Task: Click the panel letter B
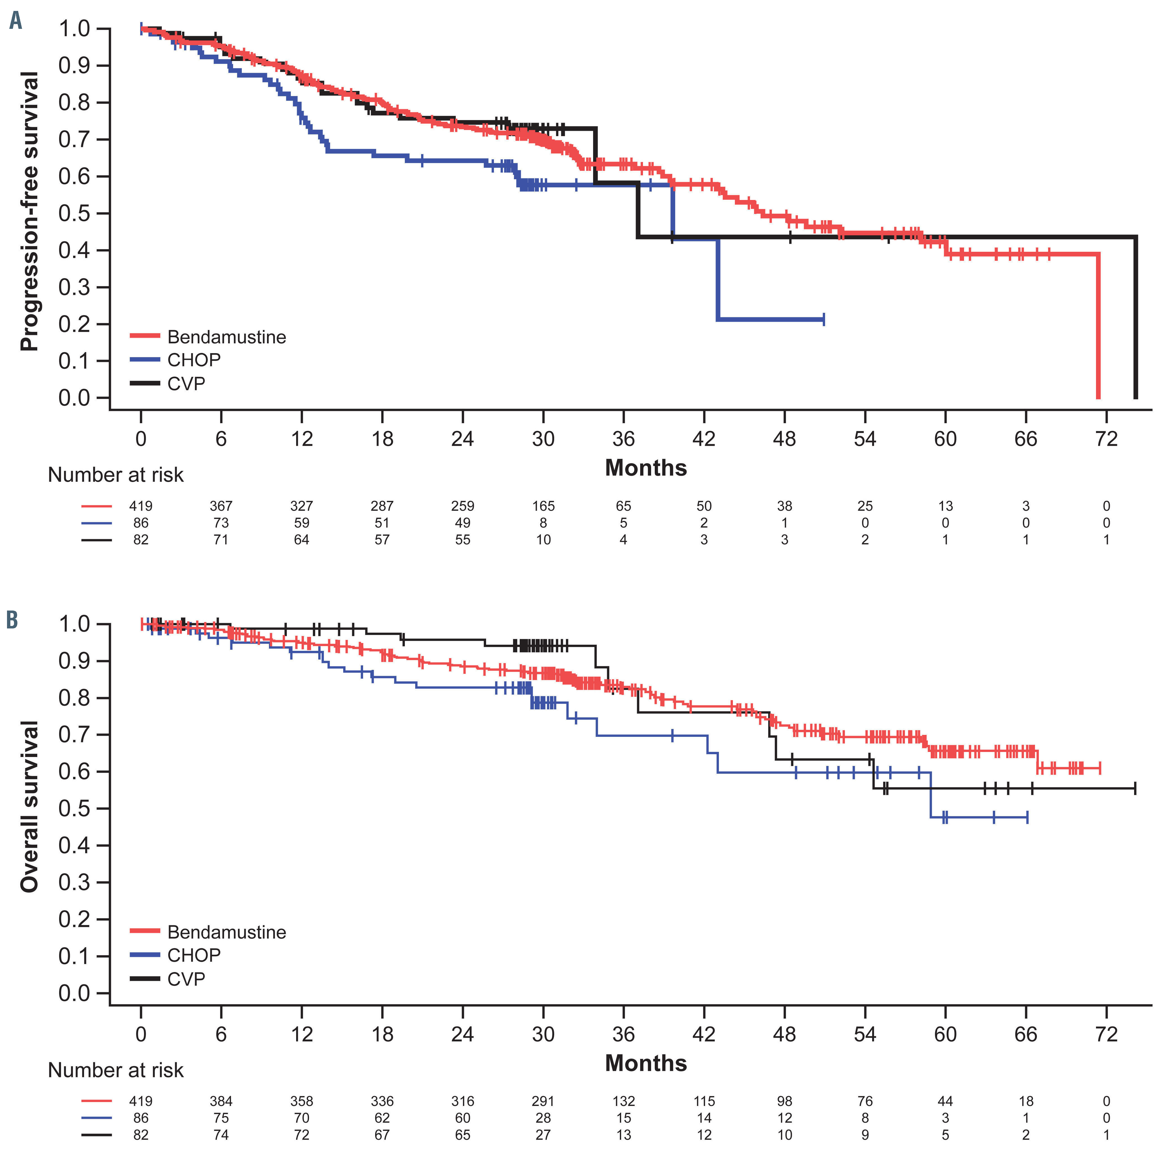click(x=12, y=619)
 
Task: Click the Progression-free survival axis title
click(x=29, y=211)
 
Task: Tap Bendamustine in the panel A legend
click(x=227, y=337)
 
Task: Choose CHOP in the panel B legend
click(x=194, y=955)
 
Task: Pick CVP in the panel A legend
click(x=186, y=383)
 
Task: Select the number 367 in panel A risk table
click(x=221, y=506)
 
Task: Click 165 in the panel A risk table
click(x=543, y=506)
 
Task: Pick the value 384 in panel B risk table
click(x=221, y=1101)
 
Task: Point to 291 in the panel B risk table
click(x=543, y=1101)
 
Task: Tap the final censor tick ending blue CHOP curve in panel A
click(x=823, y=319)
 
